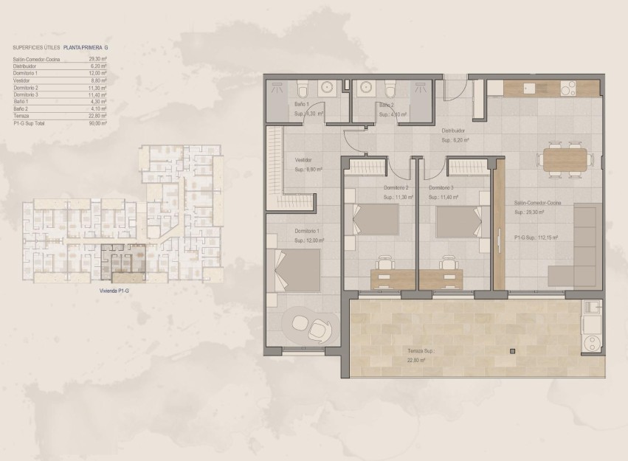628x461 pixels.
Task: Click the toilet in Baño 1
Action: (x=302, y=90)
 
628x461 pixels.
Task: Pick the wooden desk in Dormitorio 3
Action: (x=441, y=278)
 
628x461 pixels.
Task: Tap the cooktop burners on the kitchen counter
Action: (x=570, y=89)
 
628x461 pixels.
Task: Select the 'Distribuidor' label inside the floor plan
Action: (x=452, y=131)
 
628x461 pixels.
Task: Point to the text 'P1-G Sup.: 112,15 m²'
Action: (x=536, y=238)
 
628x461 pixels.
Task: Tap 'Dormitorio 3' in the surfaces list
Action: (x=26, y=95)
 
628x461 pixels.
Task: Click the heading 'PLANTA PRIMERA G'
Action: (x=91, y=48)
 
